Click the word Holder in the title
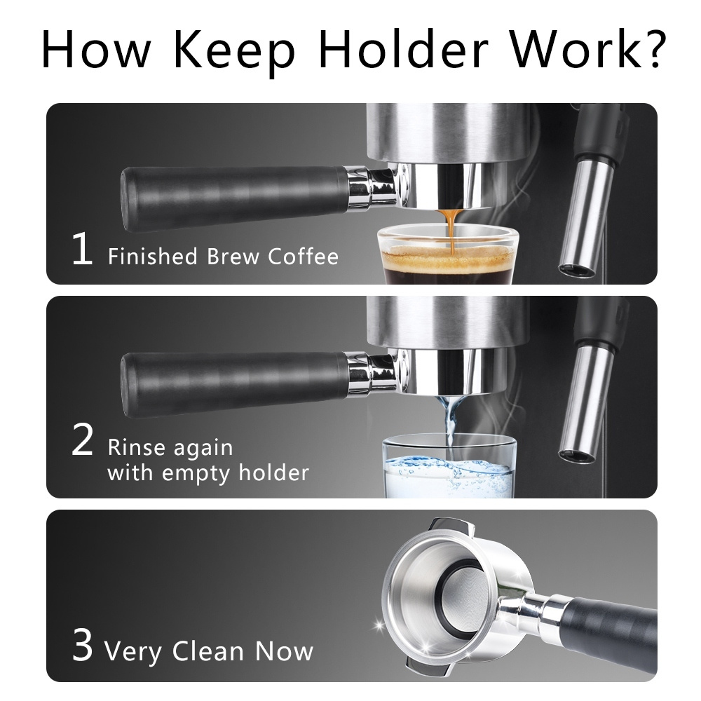402,48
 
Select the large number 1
82,248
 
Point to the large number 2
82,440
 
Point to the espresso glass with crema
447,256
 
